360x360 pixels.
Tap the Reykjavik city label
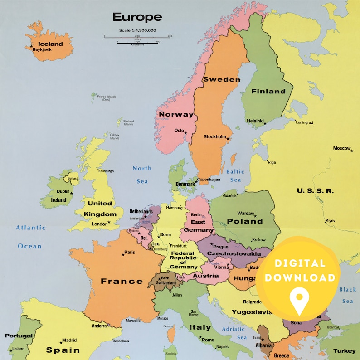pyautogui.click(x=42, y=49)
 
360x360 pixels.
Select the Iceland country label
pyautogui.click(x=51, y=44)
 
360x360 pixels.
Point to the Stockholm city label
pyautogui.click(x=214, y=136)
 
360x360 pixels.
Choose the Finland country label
pyautogui.click(x=268, y=91)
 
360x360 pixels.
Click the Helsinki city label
pyautogui.click(x=255, y=121)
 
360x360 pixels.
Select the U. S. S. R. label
pyautogui.click(x=315, y=191)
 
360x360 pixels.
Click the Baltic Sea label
pyautogui.click(x=235, y=175)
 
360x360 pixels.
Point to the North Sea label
pyautogui.click(x=142, y=175)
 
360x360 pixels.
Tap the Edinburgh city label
pyautogui.click(x=106, y=171)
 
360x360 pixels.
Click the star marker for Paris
pyautogui.click(x=122, y=254)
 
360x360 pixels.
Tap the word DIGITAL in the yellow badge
pyautogui.click(x=300, y=263)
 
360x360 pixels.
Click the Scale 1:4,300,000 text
pyautogui.click(x=137, y=30)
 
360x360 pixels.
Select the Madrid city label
pyautogui.click(x=69, y=340)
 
